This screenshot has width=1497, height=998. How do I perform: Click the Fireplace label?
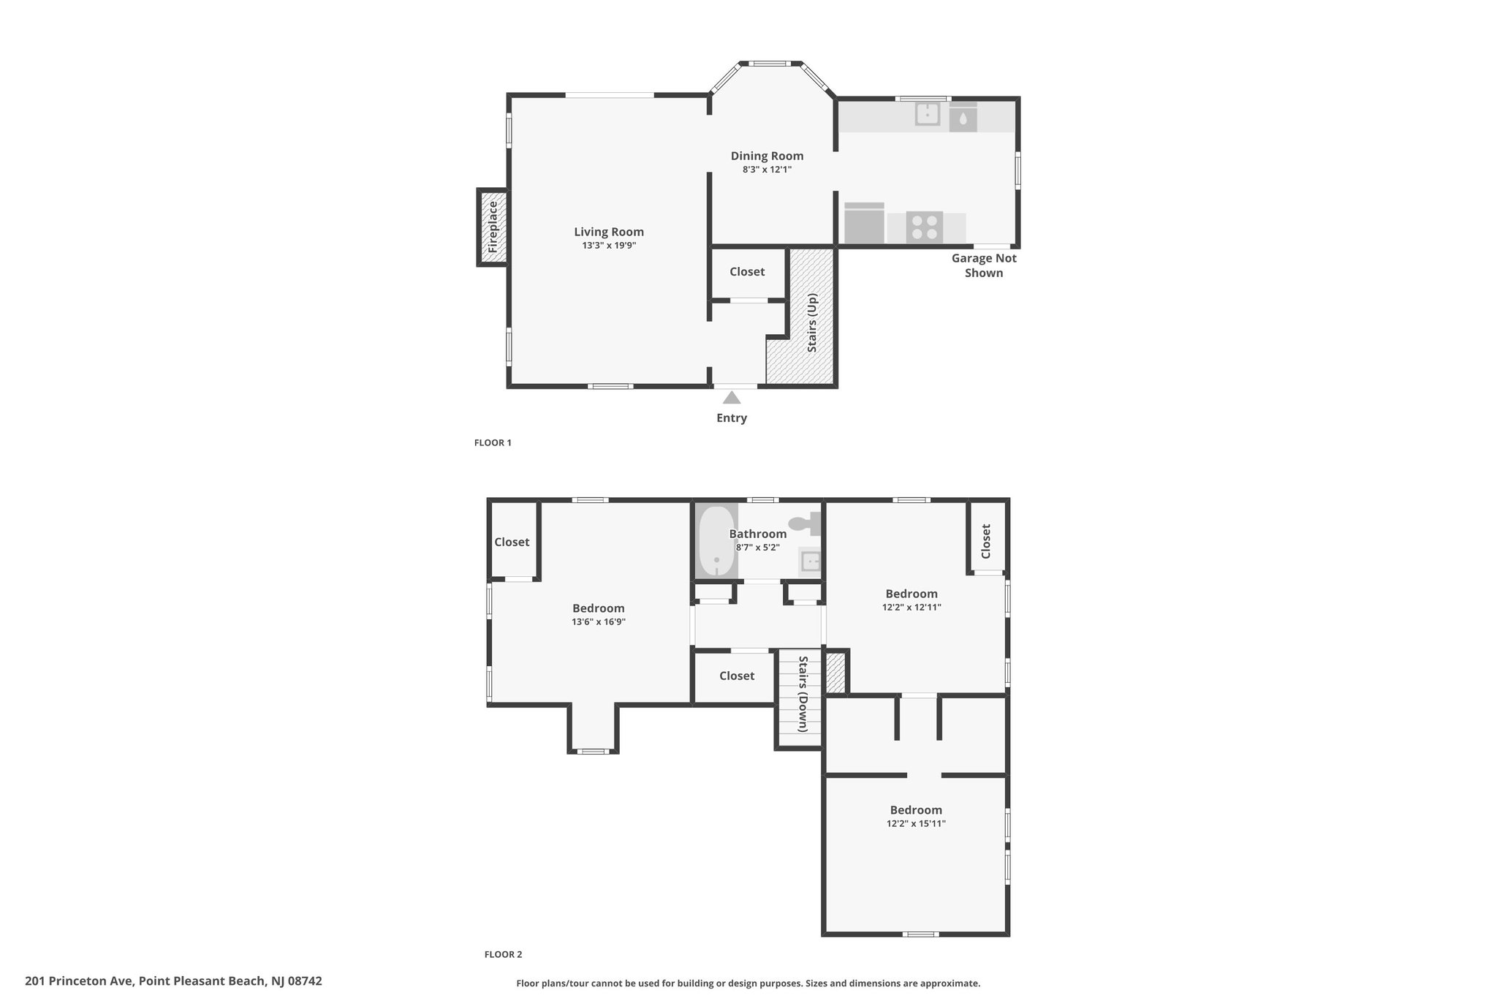coord(493,227)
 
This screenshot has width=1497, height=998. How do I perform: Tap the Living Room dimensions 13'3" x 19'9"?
coord(609,246)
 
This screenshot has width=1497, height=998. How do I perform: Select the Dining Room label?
coord(767,156)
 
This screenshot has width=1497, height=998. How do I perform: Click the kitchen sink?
coord(928,114)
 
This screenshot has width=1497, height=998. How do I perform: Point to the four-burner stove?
coord(924,227)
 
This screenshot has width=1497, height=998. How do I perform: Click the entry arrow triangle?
coord(732,398)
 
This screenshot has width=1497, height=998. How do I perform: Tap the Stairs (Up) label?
coord(812,323)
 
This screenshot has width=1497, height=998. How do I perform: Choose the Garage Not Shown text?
coord(984,265)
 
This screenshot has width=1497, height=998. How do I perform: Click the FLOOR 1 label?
coord(493,442)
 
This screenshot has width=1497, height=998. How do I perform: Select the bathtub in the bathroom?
coord(716,541)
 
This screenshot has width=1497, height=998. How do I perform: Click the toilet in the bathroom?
coord(805,523)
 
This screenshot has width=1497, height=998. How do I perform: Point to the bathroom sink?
coord(810,562)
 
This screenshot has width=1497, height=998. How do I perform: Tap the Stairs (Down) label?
coord(802,694)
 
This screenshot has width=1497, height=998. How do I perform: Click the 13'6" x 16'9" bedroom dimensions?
coord(599,622)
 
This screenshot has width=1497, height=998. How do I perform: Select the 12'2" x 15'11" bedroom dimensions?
coord(916,823)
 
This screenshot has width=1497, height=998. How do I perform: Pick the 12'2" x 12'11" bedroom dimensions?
coord(912,607)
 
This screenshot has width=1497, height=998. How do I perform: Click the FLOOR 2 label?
coord(503,954)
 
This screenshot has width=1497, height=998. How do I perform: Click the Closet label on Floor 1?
coord(747,271)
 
